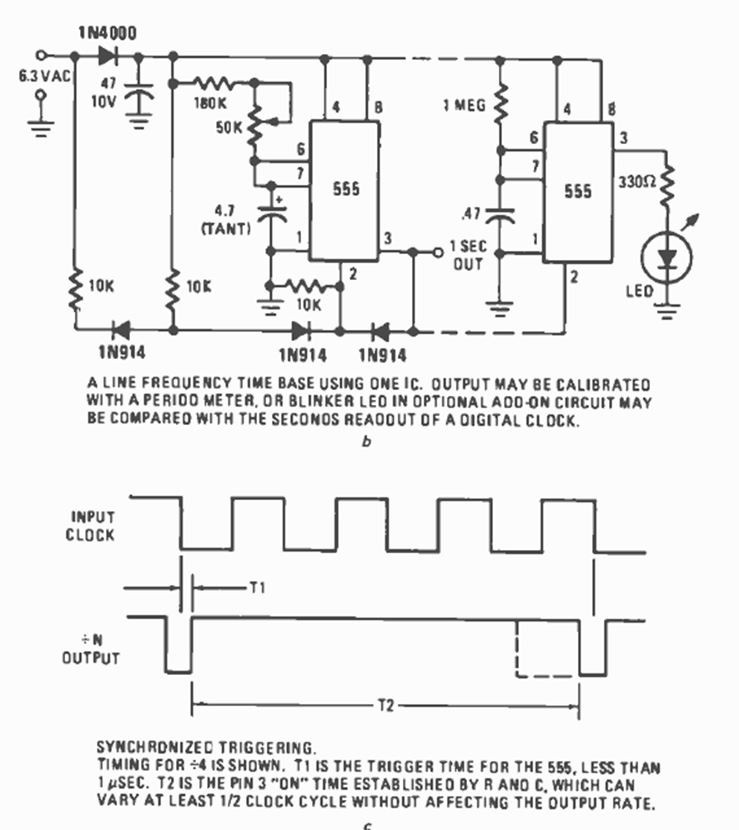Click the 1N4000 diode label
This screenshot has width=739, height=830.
click(108, 32)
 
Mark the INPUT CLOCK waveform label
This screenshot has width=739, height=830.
click(90, 526)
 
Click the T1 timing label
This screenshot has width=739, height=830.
click(257, 587)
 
